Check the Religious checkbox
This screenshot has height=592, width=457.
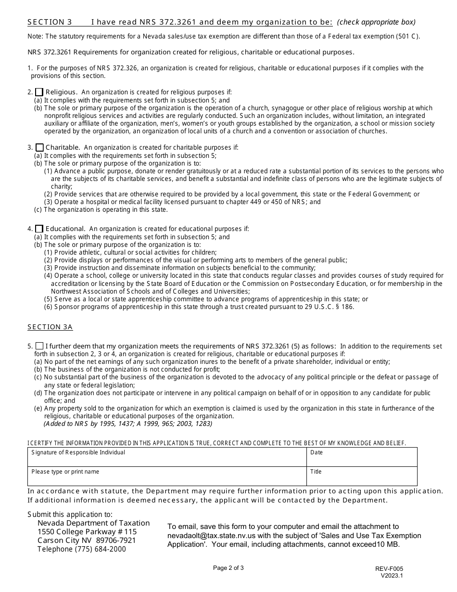(39, 92)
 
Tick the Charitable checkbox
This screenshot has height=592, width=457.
(39, 147)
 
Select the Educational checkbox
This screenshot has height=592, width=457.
(39, 229)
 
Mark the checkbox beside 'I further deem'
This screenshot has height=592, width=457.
(39, 346)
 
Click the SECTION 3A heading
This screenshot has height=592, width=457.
(50, 327)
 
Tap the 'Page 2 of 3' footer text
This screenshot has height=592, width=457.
(228, 567)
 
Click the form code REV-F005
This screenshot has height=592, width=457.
(390, 568)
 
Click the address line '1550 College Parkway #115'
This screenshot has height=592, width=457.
(87, 532)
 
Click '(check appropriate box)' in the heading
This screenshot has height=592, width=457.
(376, 22)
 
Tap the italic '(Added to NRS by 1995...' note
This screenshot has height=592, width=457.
(127, 424)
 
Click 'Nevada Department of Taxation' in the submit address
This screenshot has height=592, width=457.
(93, 523)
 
